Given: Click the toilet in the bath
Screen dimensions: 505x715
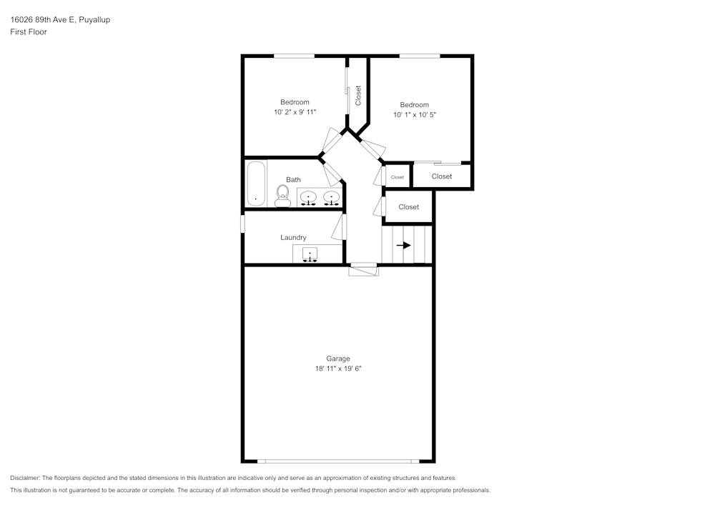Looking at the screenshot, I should (x=282, y=196).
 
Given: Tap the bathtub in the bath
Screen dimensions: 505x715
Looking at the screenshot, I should (x=255, y=184).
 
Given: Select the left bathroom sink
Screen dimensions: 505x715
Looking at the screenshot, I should (x=308, y=197).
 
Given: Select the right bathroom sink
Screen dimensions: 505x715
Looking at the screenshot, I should (x=330, y=197).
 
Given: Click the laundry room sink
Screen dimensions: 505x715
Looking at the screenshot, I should (x=310, y=254).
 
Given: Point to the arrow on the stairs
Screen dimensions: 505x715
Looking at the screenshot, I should (x=404, y=245).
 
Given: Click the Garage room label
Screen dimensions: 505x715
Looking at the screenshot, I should (x=338, y=359).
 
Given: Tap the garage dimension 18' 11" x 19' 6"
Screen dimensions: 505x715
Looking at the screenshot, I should (x=338, y=369).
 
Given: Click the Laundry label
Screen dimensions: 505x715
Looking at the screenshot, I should (x=293, y=237).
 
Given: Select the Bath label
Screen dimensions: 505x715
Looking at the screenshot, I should (x=293, y=179).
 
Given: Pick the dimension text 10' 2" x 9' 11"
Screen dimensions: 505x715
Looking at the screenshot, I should (x=295, y=112).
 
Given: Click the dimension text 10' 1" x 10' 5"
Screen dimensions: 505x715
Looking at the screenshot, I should (x=414, y=114).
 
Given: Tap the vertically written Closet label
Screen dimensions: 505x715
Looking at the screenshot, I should (x=358, y=95).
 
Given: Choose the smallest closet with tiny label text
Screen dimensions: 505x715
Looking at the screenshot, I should (x=397, y=176).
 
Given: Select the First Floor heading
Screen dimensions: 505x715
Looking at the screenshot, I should (x=29, y=32).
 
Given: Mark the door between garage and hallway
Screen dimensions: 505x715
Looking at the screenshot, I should (x=363, y=269).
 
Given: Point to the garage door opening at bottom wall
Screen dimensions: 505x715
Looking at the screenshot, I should (x=338, y=461).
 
